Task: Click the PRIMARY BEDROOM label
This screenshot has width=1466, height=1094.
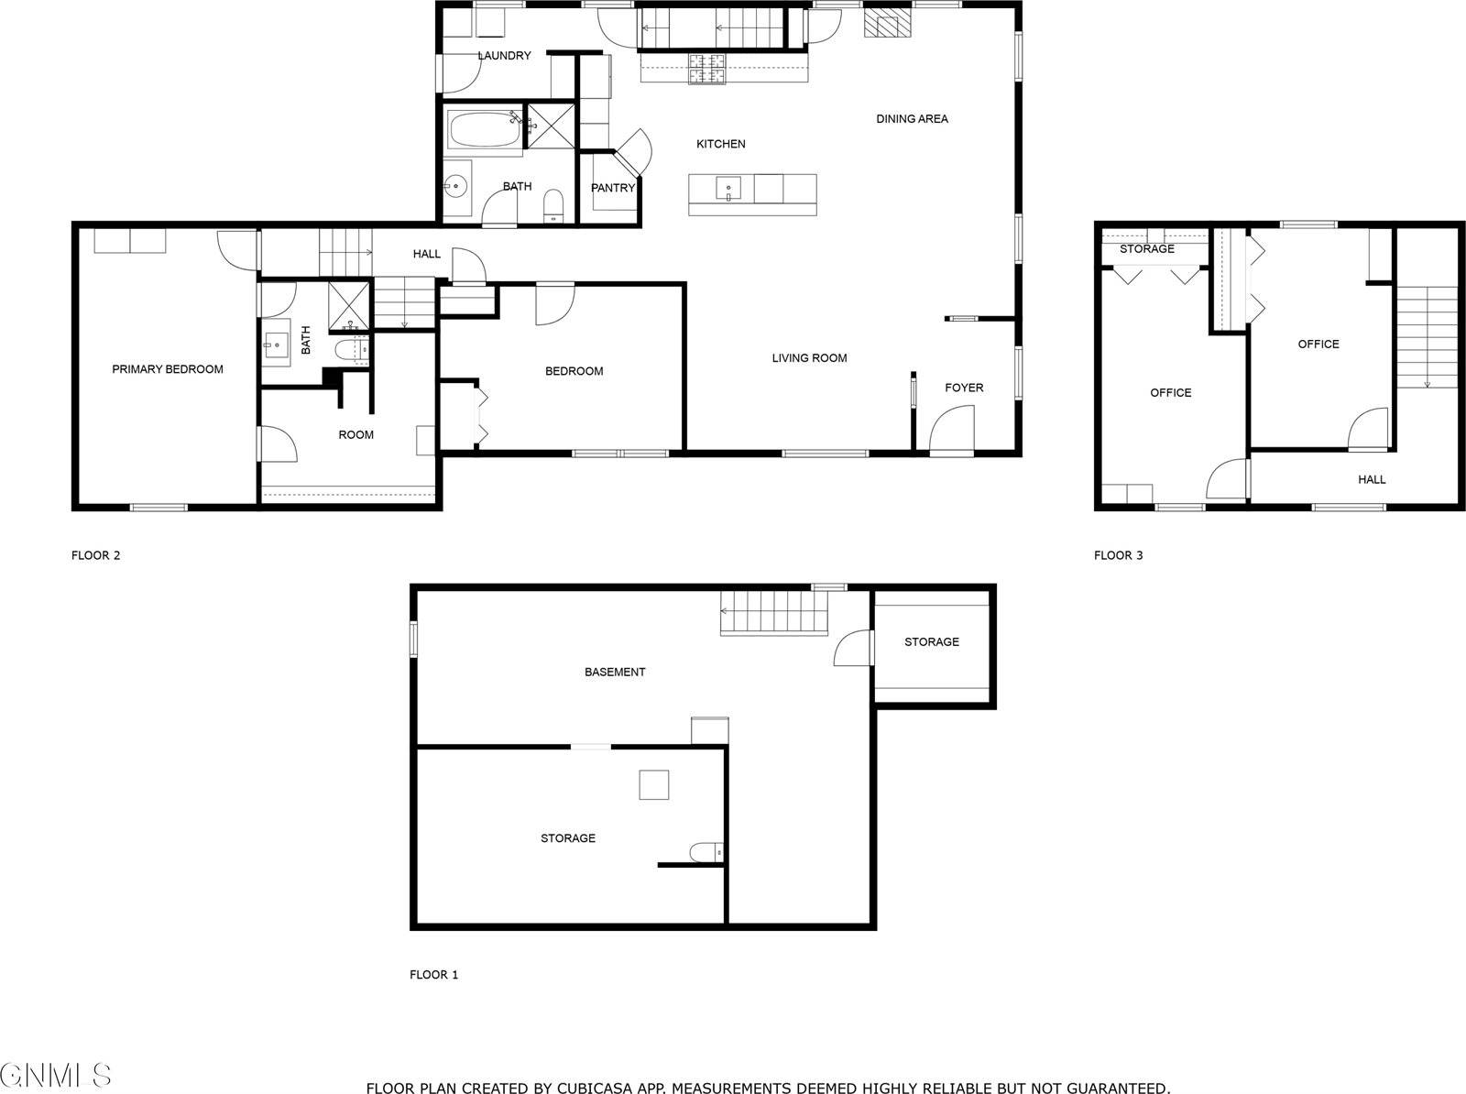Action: [168, 369]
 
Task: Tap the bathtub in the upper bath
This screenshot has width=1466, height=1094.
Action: [483, 129]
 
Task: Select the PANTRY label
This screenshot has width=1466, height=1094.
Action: [613, 188]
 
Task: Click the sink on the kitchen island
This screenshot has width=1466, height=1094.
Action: [729, 189]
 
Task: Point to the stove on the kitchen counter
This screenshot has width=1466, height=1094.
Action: [707, 69]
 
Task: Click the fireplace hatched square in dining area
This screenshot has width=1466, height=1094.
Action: [888, 25]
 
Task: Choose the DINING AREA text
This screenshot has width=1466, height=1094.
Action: [912, 119]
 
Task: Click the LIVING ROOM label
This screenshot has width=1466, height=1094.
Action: [809, 358]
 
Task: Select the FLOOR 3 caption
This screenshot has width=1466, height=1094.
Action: [1118, 555]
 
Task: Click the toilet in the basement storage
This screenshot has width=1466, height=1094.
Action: [706, 853]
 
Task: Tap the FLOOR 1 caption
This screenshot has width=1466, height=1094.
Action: [433, 975]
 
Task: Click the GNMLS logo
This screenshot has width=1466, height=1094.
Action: [55, 1075]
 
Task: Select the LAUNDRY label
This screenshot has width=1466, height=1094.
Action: [504, 56]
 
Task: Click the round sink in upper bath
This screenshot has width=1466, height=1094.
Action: [455, 186]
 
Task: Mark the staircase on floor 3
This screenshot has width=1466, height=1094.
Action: [1427, 336]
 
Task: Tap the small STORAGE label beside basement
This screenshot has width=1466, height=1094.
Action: [932, 642]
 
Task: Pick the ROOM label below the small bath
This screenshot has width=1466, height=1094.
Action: [356, 435]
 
